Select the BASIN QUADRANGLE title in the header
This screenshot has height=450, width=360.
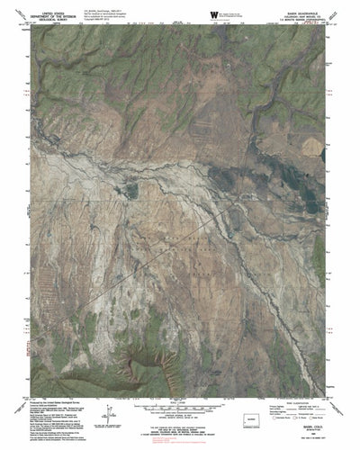coord(294,8)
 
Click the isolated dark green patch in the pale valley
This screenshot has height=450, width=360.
coord(133,190)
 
